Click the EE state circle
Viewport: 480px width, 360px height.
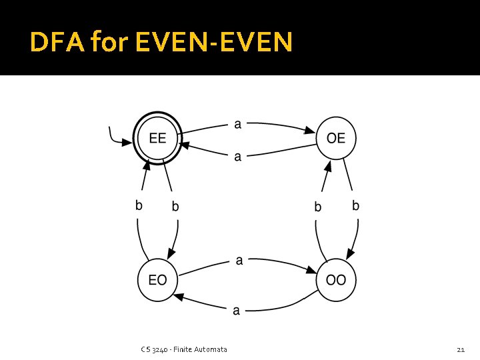pos(157,139)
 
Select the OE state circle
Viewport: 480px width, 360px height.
pos(336,139)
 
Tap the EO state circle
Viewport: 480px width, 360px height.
pos(157,279)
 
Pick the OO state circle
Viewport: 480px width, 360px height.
pos(336,279)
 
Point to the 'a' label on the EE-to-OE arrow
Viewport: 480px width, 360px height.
pos(238,123)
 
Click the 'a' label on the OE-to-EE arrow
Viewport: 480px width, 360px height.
pos(238,157)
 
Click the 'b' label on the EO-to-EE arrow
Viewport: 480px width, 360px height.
pos(139,206)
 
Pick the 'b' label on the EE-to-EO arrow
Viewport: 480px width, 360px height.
pos(175,207)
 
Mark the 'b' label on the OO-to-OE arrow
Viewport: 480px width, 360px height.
pos(318,207)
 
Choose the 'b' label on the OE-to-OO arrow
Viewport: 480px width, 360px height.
pos(355,206)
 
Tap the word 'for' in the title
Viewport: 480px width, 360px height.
pos(109,43)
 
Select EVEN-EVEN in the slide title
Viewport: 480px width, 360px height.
pos(213,43)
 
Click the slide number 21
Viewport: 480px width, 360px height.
pos(460,349)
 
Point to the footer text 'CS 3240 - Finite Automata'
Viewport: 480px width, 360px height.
pos(184,349)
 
